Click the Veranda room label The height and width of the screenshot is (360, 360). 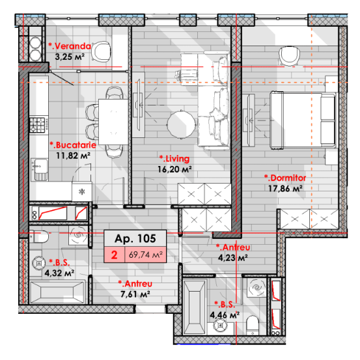tap(70, 46)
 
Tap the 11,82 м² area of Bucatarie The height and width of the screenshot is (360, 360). tap(74, 156)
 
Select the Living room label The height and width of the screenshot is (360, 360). tap(174, 159)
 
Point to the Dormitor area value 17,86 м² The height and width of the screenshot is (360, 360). tap(285, 189)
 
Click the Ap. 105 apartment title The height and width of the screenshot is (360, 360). tap(135, 238)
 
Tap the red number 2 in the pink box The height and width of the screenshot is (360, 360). tap(114, 255)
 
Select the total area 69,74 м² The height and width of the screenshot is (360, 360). tap(146, 255)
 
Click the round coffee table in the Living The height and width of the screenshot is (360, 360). tap(182, 125)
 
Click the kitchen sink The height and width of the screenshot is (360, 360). tap(39, 169)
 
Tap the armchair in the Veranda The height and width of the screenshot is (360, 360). tap(100, 51)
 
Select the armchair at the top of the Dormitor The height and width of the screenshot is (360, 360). tap(289, 56)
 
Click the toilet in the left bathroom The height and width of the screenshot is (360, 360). tap(39, 236)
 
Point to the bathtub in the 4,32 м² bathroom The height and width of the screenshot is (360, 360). tap(57, 292)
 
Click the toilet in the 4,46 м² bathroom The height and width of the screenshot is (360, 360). tap(253, 325)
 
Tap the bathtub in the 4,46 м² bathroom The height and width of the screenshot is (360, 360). tap(195, 306)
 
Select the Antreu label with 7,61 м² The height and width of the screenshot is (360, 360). tap(135, 284)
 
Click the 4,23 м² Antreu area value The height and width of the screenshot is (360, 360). tap(233, 258)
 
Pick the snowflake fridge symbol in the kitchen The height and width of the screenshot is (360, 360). tap(81, 191)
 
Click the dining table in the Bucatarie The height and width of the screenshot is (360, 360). tap(113, 122)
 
